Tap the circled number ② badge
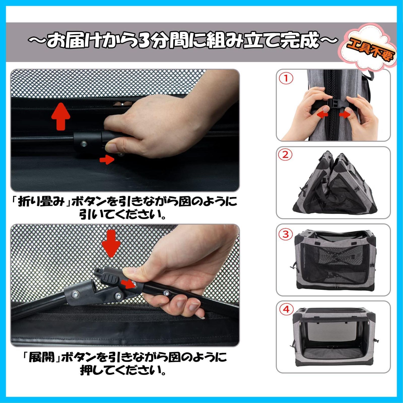tap(285, 155)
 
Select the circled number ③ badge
tap(285, 234)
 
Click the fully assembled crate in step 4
tap(334, 338)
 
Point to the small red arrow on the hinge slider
tap(128, 284)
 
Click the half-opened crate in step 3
tap(334, 261)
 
